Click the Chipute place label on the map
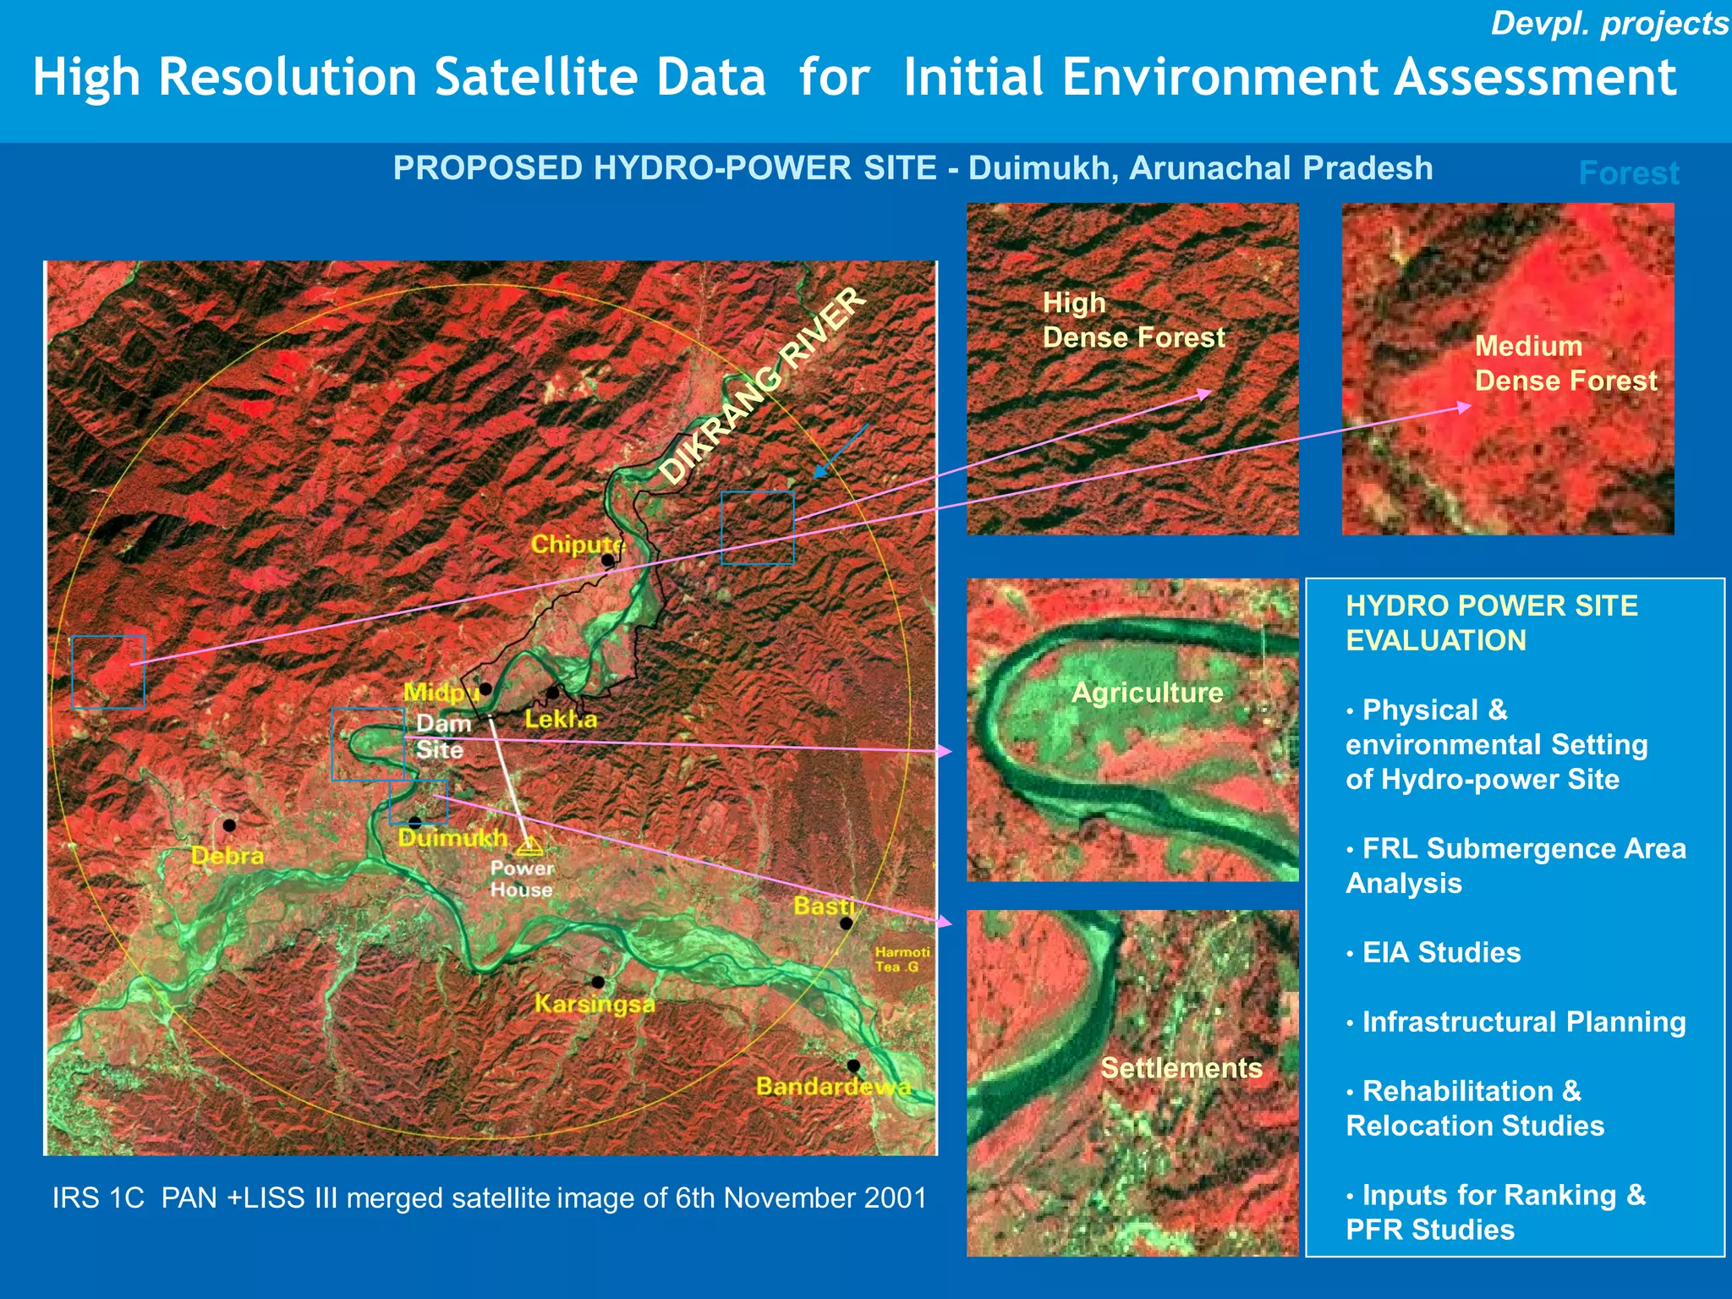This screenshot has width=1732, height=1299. click(x=576, y=544)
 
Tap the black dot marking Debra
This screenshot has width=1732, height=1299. click(x=229, y=825)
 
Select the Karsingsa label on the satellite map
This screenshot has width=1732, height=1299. click(x=595, y=1004)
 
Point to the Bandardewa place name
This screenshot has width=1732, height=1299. click(x=833, y=1086)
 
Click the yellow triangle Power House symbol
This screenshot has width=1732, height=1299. click(x=529, y=845)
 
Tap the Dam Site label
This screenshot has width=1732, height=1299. click(x=442, y=737)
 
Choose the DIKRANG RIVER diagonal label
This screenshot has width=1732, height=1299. click(x=762, y=386)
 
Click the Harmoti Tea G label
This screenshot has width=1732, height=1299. click(x=902, y=959)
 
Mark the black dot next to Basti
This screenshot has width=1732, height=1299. click(x=846, y=924)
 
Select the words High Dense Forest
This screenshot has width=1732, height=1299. click(x=1132, y=321)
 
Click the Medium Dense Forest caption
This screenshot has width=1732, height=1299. click(x=1565, y=364)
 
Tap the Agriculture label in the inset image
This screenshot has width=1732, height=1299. click(x=1147, y=693)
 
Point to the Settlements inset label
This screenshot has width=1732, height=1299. click(x=1181, y=1067)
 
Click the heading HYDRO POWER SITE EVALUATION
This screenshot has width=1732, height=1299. click(x=1491, y=622)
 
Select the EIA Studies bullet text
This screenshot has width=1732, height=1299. click(x=1441, y=952)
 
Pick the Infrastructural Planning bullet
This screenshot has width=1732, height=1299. click(x=1523, y=1022)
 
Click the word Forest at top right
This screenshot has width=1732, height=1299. click(x=1628, y=173)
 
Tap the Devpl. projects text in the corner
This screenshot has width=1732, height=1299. click(x=1609, y=24)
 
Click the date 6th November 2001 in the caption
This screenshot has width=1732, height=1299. click(x=800, y=1198)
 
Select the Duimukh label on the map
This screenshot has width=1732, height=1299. click(x=452, y=838)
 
